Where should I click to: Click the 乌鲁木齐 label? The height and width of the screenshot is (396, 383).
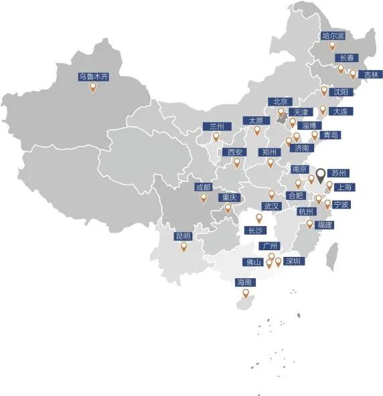[x=92, y=77]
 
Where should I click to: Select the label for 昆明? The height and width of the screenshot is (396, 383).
[x=183, y=236]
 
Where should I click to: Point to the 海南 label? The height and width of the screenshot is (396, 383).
[x=245, y=283]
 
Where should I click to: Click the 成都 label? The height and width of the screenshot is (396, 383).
[x=203, y=187]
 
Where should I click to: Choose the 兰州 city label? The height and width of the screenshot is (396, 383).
[x=216, y=126]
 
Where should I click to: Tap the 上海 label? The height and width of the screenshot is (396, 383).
[x=346, y=187]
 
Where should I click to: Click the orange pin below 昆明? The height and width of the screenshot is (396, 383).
[x=183, y=246]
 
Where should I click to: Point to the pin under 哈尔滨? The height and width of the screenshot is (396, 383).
[x=332, y=46]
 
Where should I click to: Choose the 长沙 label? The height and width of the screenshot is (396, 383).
[x=256, y=230]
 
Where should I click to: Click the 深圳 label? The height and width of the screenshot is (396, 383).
[x=293, y=261]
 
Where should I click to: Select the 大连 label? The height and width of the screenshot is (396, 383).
[x=340, y=111]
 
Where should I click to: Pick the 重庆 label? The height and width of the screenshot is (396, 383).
[x=229, y=198]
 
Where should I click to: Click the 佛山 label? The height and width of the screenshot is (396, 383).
[x=255, y=262]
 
